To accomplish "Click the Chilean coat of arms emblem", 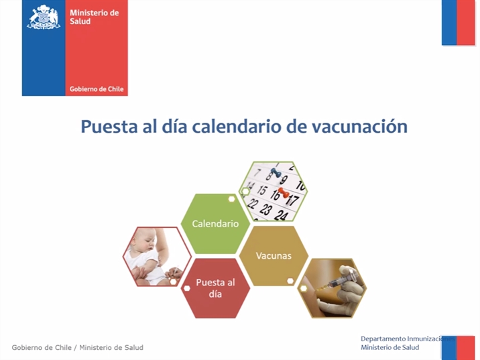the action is pyautogui.click(x=44, y=17).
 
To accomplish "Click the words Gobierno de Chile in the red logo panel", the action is pyautogui.click(x=97, y=89).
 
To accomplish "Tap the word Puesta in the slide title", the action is pyautogui.click(x=109, y=127).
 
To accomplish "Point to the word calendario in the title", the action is pyautogui.click(x=236, y=127).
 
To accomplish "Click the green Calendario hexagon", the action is pyautogui.click(x=215, y=223).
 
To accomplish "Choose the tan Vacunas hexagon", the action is pyautogui.click(x=274, y=255).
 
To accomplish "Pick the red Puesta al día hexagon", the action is pyautogui.click(x=215, y=288).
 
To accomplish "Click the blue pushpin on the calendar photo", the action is pyautogui.click(x=276, y=173).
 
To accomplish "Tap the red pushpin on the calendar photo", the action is pyautogui.click(x=284, y=193).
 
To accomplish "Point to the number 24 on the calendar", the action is pyautogui.click(x=281, y=215).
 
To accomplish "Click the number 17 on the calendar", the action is pyautogui.click(x=293, y=200).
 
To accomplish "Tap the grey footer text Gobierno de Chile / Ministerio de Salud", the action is pyautogui.click(x=78, y=347).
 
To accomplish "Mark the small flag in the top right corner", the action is pyautogui.click(x=458, y=23).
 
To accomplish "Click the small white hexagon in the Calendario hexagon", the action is pyautogui.click(x=232, y=199).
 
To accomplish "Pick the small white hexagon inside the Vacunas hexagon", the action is pyautogui.click(x=290, y=280).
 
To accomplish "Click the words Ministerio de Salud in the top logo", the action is pyautogui.click(x=94, y=17).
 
